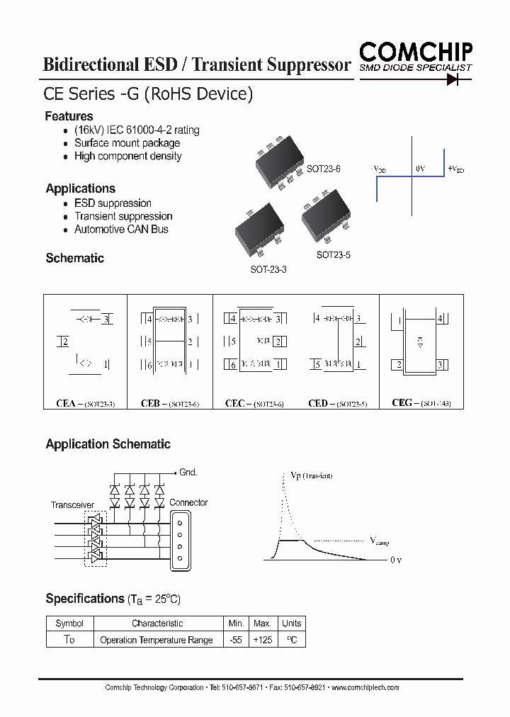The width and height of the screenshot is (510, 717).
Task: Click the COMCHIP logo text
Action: pyautogui.click(x=416, y=52)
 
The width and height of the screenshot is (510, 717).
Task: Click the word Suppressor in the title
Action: pyautogui.click(x=309, y=64)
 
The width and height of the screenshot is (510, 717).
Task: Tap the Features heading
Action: pyautogui.click(x=69, y=116)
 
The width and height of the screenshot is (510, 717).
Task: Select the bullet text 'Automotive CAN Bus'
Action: pyautogui.click(x=121, y=230)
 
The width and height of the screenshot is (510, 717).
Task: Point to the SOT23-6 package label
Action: pyautogui.click(x=323, y=169)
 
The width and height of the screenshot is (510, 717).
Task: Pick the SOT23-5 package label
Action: pyautogui.click(x=333, y=254)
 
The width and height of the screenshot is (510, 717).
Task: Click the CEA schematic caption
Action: pyautogui.click(x=85, y=403)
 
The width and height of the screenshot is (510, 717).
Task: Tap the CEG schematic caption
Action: pyautogui.click(x=421, y=402)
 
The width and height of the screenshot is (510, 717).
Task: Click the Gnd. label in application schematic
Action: pyautogui.click(x=188, y=472)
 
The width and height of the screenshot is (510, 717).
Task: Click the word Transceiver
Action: pyautogui.click(x=72, y=505)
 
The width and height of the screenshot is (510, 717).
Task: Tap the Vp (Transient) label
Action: pyautogui.click(x=311, y=475)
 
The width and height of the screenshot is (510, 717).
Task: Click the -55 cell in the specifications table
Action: pyautogui.click(x=235, y=640)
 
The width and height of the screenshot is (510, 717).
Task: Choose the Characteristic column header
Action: pyautogui.click(x=157, y=623)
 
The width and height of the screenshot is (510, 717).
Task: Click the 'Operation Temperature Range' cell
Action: pyautogui.click(x=157, y=640)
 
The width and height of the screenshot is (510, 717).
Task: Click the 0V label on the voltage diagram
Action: pyautogui.click(x=420, y=169)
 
